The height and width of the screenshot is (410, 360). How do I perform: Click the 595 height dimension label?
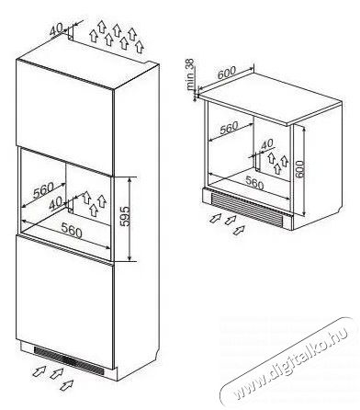point(125,216)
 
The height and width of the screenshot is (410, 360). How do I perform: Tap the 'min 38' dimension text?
point(190,74)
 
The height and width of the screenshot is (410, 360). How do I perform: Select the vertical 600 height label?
point(299,168)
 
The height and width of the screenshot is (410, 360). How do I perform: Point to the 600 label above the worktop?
point(227,74)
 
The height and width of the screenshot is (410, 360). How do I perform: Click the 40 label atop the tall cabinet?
point(56,30)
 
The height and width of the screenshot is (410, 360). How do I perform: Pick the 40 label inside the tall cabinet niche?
point(55,202)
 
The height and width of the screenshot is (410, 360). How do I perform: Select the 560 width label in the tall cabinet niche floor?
point(72,230)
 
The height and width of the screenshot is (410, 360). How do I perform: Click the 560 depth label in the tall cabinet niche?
point(43,190)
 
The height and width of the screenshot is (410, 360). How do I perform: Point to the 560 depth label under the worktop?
point(229,128)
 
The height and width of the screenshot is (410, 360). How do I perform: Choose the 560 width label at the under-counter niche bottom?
point(253,184)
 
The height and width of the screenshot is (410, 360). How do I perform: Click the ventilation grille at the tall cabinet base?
point(69,359)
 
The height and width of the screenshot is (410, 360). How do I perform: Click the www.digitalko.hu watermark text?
point(290,363)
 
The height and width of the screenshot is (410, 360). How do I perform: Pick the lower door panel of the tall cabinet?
point(65,302)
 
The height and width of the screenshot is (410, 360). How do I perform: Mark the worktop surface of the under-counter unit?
point(269,97)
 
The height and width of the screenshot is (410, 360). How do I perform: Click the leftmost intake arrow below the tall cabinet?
point(39,371)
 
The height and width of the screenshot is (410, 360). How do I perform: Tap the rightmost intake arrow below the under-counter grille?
point(239,230)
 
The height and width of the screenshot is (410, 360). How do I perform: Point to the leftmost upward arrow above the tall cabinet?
point(94,36)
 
